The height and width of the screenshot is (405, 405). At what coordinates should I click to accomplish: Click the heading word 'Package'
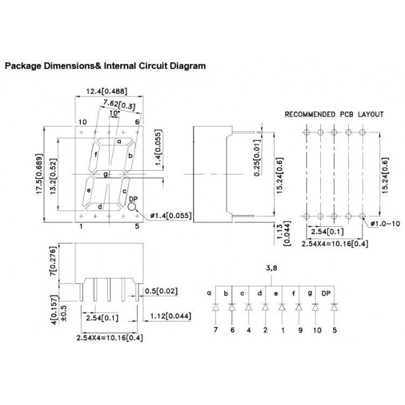click(23, 66)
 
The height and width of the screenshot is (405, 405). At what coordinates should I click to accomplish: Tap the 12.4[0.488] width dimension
click(107, 92)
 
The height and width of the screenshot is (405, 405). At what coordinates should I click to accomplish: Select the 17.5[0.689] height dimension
click(39, 174)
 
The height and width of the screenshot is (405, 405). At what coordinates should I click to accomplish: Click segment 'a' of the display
click(115, 141)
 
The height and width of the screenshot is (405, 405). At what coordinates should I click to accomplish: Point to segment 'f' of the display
click(94, 156)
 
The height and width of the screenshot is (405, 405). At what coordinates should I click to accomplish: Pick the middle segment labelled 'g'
click(109, 174)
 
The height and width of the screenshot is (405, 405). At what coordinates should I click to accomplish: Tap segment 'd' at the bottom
click(103, 207)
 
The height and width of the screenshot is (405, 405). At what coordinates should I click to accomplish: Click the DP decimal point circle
click(131, 207)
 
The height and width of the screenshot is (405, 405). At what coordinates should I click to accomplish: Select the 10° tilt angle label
click(115, 113)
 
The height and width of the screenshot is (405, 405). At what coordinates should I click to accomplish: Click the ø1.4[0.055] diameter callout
click(171, 216)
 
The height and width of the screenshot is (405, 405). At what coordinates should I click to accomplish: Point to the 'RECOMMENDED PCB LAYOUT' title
click(334, 114)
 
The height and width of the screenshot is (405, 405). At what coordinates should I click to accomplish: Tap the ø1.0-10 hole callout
click(385, 224)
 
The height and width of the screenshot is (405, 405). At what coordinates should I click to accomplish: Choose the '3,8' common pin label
click(272, 268)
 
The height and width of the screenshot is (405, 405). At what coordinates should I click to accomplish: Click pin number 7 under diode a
click(216, 330)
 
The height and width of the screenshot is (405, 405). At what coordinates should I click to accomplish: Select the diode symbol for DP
click(335, 307)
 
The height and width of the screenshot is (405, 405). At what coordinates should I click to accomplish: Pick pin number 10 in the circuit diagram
click(317, 330)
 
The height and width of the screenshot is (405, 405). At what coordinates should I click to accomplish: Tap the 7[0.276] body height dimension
click(53, 261)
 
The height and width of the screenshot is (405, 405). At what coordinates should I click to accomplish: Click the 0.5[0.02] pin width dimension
click(161, 291)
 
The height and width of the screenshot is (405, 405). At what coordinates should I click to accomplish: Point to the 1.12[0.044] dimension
click(171, 316)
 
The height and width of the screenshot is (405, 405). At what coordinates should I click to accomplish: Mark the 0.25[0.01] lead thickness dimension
click(257, 158)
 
